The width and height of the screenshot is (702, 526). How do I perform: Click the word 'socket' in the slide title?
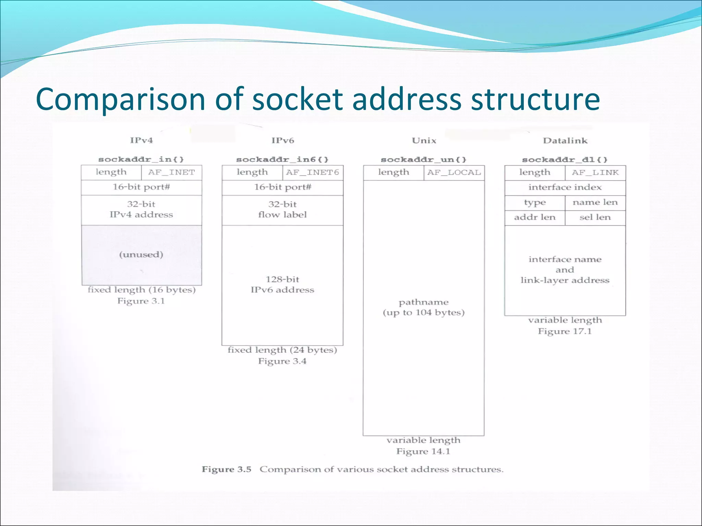[297, 99]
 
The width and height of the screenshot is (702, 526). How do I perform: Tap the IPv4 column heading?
[141, 140]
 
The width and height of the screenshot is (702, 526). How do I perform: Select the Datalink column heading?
[565, 141]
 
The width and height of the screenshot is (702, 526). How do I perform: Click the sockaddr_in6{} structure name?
[282, 160]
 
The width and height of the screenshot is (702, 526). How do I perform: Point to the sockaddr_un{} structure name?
[424, 160]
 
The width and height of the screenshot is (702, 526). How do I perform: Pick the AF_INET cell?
[171, 173]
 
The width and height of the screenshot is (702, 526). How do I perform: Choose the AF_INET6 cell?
[313, 173]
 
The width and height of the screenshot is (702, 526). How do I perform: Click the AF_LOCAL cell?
[454, 173]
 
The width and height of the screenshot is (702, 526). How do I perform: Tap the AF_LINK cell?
[595, 173]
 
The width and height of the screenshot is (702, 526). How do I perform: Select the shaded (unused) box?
[141, 255]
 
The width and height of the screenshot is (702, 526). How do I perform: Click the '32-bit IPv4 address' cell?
[141, 210]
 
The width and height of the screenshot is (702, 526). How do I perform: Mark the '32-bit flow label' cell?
[282, 210]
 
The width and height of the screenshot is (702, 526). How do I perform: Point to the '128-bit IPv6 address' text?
[282, 285]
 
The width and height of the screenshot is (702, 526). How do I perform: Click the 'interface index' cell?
[565, 187]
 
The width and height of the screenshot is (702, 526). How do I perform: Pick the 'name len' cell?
[595, 202]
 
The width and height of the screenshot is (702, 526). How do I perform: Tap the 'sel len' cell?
[595, 217]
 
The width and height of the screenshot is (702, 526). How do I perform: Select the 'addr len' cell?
[535, 217]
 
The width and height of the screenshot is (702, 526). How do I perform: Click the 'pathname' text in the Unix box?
[424, 302]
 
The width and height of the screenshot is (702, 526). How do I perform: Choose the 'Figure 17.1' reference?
[565, 331]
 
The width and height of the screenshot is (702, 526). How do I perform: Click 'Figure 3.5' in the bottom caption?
[227, 469]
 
